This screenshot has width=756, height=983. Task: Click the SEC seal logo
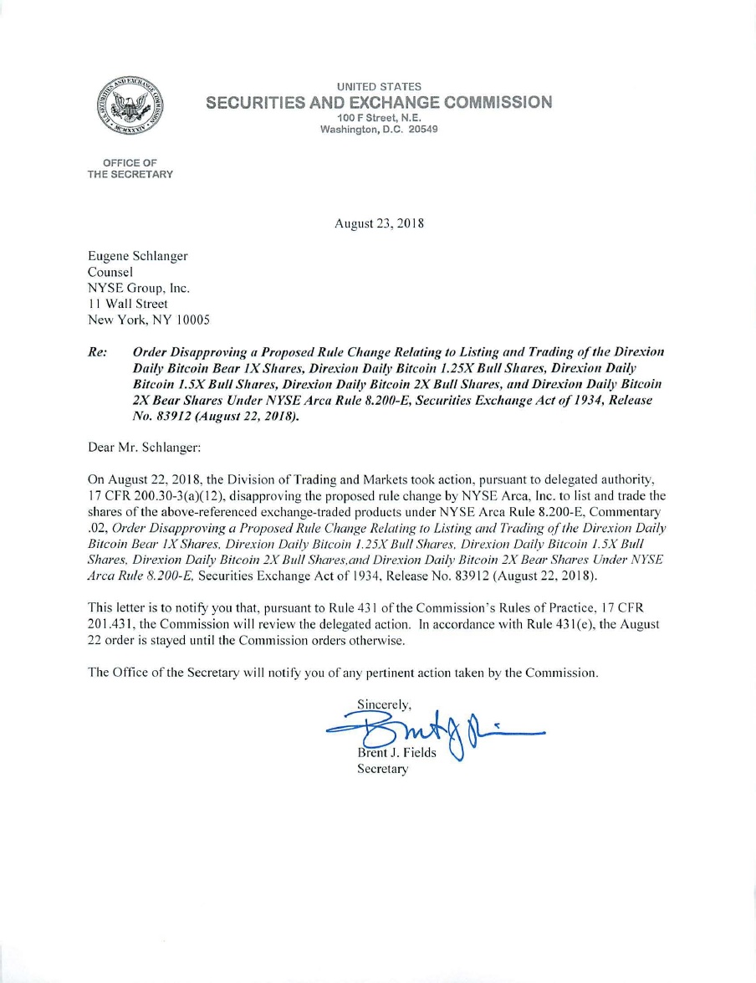(x=129, y=107)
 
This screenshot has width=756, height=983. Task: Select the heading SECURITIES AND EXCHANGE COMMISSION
(x=379, y=102)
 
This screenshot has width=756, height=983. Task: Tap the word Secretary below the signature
(x=383, y=770)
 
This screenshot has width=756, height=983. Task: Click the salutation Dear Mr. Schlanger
(x=144, y=448)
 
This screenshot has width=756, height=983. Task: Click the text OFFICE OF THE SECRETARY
(x=130, y=168)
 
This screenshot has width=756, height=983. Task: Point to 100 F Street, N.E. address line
(x=379, y=118)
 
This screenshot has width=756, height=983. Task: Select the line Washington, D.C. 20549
(x=379, y=130)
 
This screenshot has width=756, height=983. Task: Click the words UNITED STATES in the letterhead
(x=379, y=87)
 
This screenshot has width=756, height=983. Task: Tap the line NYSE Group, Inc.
(x=139, y=288)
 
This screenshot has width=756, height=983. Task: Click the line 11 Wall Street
(x=127, y=304)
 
